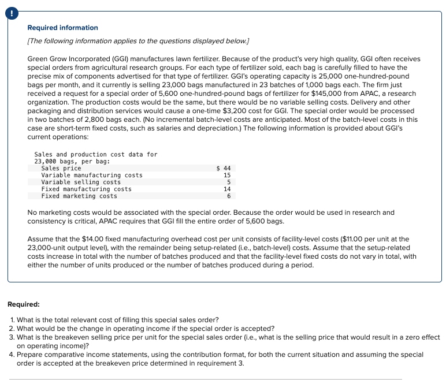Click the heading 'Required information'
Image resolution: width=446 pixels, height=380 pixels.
tap(63, 28)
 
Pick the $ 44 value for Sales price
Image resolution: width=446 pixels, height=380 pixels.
tap(223, 168)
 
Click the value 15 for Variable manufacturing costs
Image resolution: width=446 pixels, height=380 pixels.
tap(227, 175)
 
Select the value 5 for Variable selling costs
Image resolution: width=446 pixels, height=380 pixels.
tap(229, 182)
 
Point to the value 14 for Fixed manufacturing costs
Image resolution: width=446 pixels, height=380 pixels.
tap(227, 189)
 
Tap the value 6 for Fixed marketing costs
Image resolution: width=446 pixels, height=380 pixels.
tap(229, 196)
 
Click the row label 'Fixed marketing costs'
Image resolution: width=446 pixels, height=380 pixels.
tap(79, 196)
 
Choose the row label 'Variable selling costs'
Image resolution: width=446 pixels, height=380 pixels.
tap(81, 182)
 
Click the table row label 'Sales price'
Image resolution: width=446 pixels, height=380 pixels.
tap(61, 168)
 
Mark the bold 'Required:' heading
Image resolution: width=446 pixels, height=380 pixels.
tap(24, 304)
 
